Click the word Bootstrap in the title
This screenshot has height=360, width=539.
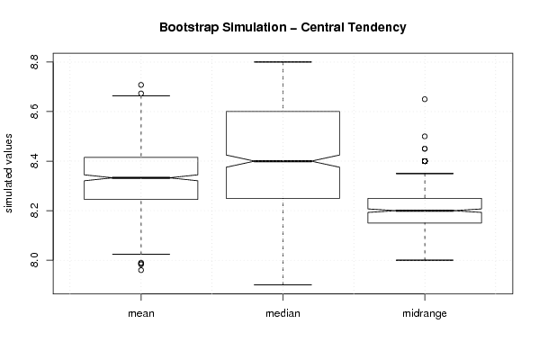pos(189,28)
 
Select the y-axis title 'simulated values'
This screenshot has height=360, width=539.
pos(8,174)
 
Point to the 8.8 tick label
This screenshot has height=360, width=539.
pos(34,62)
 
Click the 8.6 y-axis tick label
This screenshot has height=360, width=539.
pos(34,112)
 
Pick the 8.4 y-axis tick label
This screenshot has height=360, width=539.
pos(34,161)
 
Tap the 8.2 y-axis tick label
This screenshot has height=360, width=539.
pos(34,211)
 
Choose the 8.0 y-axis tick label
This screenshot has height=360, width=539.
pos(34,260)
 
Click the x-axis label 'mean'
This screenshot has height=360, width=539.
pos(141,313)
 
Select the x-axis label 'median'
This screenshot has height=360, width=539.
pos(283,313)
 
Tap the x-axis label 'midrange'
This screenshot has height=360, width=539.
pos(425,313)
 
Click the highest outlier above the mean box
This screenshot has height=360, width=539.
pos(141,85)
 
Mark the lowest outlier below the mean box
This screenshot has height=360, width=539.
pos(141,270)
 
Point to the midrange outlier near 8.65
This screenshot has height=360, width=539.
pos(425,99)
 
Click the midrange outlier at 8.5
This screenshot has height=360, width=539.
pos(425,137)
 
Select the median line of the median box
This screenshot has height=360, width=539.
pos(283,161)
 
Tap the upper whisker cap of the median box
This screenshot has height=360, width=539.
pos(283,62)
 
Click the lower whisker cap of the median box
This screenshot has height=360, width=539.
pos(283,284)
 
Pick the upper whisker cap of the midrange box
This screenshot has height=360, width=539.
pos(425,174)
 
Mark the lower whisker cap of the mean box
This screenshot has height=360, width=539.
pos(141,254)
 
